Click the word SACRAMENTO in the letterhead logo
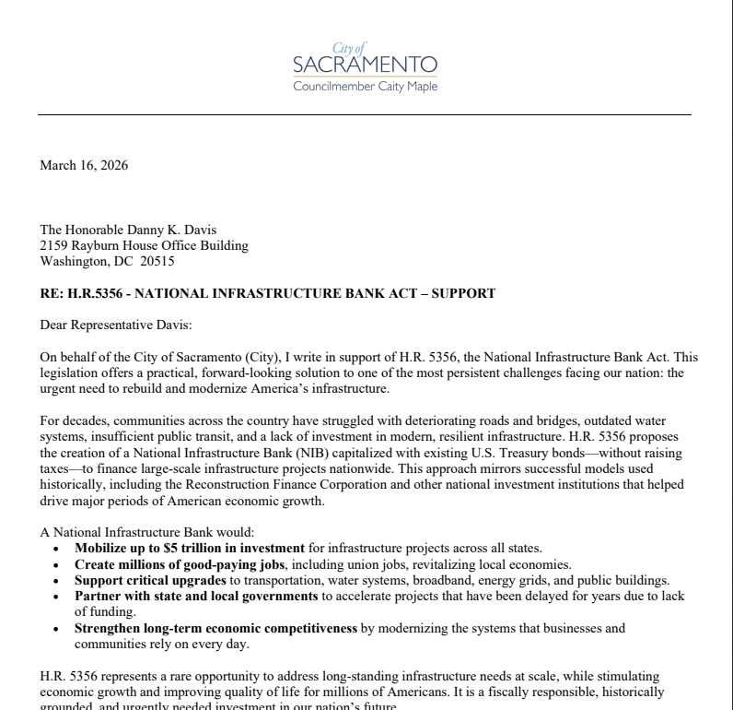365,65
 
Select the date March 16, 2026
84,166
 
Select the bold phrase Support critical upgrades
150,580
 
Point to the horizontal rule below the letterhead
365,114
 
